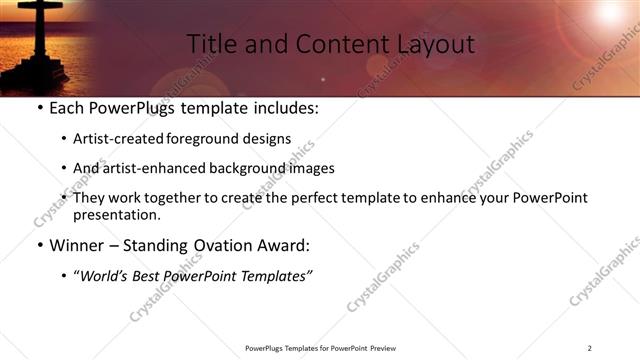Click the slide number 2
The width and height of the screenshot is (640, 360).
click(590, 348)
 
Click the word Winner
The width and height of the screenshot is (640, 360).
click(78, 245)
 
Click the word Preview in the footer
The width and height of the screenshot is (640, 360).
click(387, 348)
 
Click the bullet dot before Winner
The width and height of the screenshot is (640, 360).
click(39, 245)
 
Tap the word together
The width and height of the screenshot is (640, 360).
click(202, 198)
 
